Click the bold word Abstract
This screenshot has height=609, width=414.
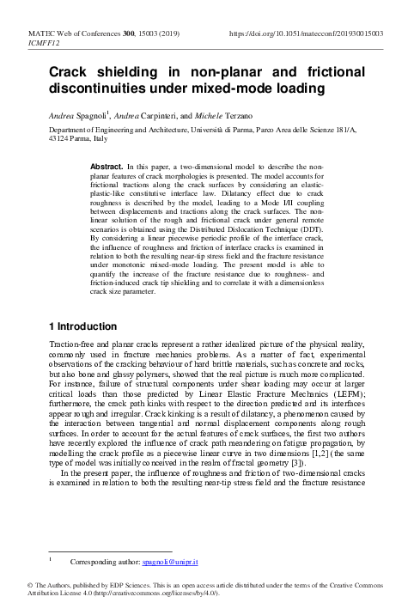[107, 164]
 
